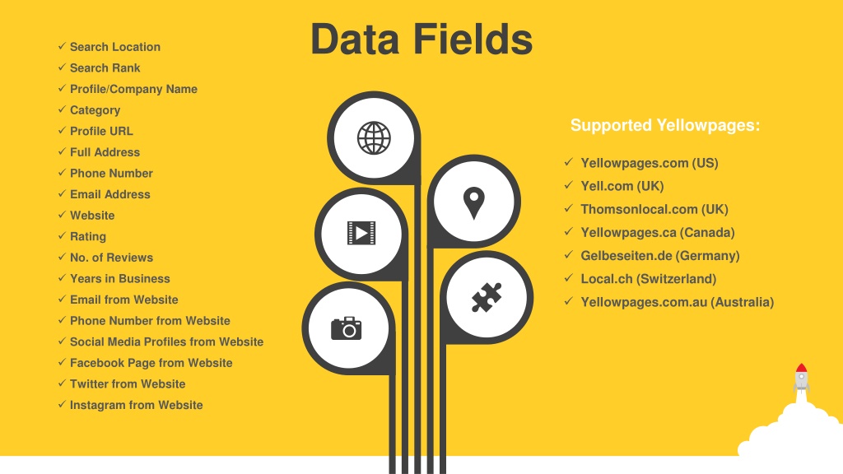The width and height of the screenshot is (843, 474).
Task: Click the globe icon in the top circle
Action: (374, 138)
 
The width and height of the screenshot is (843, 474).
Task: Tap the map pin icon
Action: (473, 202)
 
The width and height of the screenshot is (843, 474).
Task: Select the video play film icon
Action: (361, 233)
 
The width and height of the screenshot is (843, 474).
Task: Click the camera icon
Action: (347, 328)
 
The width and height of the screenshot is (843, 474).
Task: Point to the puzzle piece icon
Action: (487, 297)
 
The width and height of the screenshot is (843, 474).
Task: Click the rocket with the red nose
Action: (801, 379)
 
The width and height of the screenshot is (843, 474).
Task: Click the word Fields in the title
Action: (473, 39)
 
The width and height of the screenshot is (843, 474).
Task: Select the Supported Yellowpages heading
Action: (665, 125)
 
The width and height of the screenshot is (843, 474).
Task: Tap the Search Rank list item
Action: (105, 67)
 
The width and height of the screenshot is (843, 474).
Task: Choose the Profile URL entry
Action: (101, 131)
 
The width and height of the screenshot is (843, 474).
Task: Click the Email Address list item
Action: (109, 194)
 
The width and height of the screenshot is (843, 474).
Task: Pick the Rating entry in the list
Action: (87, 236)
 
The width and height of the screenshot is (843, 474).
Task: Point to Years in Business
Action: (120, 278)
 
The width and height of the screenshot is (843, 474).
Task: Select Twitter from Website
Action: (128, 383)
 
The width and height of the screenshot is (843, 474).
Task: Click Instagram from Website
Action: (136, 405)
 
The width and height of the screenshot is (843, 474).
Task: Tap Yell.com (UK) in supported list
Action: (622, 186)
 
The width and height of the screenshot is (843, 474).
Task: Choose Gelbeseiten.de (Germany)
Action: (659, 256)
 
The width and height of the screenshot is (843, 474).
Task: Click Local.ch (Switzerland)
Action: (649, 279)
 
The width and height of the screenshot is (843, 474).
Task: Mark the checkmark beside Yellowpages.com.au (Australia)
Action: (569, 301)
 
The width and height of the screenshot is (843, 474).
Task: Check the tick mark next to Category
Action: (62, 109)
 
